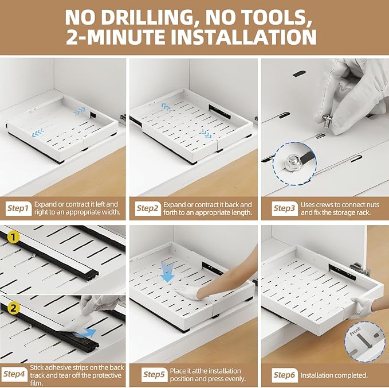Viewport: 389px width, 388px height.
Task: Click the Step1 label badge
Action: [18, 208]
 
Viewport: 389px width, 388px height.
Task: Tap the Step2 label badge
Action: [148, 208]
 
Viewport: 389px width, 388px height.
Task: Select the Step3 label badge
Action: [285, 208]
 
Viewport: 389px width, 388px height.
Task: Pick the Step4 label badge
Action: [14, 374]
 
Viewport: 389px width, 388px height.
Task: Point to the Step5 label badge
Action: [154, 375]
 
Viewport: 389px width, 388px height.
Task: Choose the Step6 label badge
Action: [285, 375]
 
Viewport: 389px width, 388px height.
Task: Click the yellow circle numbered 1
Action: [13, 237]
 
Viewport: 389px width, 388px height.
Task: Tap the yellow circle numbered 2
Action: [13, 308]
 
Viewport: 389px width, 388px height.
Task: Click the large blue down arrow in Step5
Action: [167, 272]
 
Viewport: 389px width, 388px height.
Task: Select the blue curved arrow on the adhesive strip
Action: [89, 332]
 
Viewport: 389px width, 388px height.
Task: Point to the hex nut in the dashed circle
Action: [291, 162]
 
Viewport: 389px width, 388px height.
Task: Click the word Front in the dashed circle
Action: [355, 332]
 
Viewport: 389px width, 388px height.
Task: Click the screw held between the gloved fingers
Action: [327, 121]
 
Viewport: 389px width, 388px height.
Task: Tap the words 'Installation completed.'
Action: [334, 375]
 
